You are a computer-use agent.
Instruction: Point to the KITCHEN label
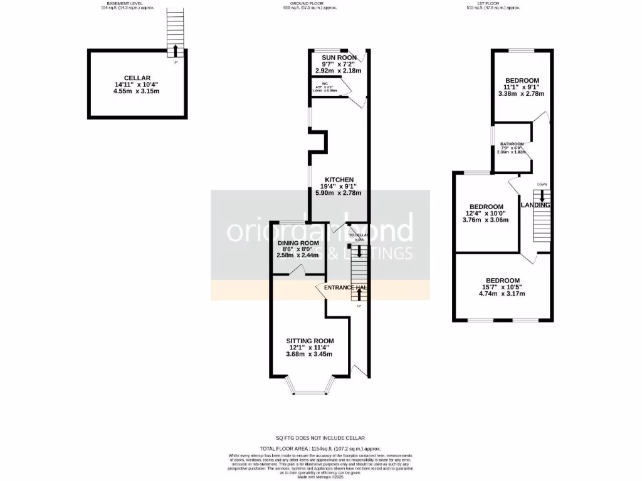tap(339, 180)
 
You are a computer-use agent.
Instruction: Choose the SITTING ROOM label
tap(309, 341)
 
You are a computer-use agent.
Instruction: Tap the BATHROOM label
tap(511, 144)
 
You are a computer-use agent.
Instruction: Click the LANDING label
tap(535, 205)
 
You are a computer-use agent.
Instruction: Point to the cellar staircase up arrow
tap(176, 50)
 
